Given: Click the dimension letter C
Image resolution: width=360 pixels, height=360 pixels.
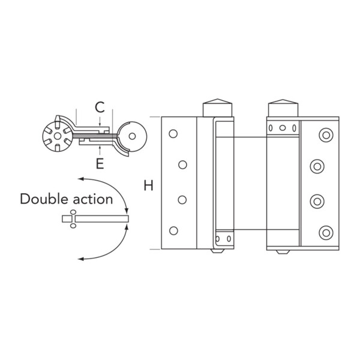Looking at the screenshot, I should pyautogui.click(x=100, y=108).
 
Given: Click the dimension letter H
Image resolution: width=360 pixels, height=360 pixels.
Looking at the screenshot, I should pyautogui.click(x=148, y=186).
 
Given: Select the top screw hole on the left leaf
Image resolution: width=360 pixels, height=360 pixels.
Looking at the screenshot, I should pyautogui.click(x=173, y=133).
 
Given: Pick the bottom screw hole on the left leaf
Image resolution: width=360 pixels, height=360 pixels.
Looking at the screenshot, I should pyautogui.click(x=173, y=230).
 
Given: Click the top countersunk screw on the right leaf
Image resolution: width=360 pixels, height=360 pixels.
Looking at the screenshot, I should pyautogui.click(x=326, y=134).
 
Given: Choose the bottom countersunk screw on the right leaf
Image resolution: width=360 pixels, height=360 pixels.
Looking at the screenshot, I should pyautogui.click(x=326, y=232).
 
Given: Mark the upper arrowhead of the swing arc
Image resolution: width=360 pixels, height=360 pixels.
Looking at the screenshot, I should pyautogui.click(x=81, y=178).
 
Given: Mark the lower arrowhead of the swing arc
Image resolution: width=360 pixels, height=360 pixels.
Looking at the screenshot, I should pyautogui.click(x=81, y=257).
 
